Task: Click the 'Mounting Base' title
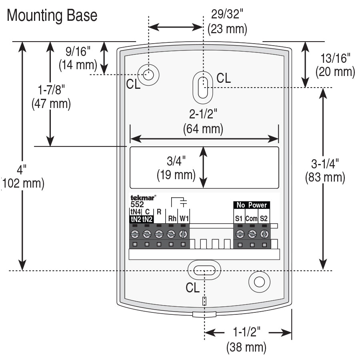point(52,16)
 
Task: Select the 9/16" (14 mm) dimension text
point(78,58)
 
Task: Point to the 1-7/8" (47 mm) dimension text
point(51,96)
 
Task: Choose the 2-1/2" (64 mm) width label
point(203,122)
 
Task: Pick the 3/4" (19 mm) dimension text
point(176,168)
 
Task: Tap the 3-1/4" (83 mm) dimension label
point(325,170)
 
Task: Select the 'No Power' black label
point(251,205)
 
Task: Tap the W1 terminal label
point(184,218)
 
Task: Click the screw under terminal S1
point(240,234)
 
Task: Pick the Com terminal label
point(251,218)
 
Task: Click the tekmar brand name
point(142,197)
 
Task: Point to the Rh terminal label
point(172,218)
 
